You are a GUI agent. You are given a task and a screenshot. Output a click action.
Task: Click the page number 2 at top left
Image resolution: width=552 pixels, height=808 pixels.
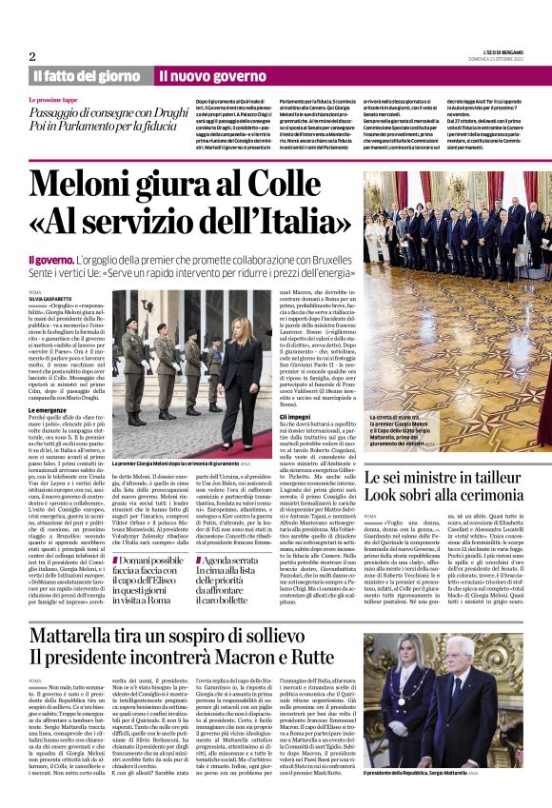click(x=32, y=55)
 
